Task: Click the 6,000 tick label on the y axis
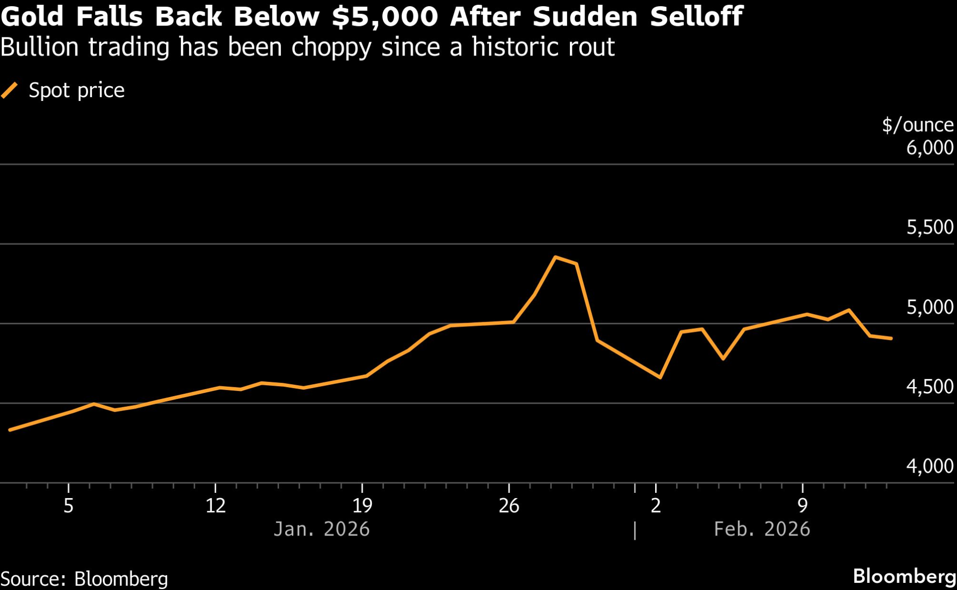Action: pos(929,147)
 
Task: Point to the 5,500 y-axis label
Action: pos(929,227)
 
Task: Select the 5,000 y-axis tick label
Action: pos(929,307)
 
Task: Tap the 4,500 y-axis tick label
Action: pos(929,387)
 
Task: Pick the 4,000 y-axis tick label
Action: pos(929,466)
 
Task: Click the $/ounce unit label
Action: pos(917,125)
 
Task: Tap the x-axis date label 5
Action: pos(68,506)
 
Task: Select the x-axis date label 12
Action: pos(215,506)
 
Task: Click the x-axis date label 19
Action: pos(362,506)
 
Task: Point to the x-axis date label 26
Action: pos(509,506)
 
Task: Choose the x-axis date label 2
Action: pos(656,506)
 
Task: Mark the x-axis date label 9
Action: pos(802,506)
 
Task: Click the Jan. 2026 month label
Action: pos(322,529)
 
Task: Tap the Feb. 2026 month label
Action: pos(762,529)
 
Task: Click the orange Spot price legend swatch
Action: pos(10,90)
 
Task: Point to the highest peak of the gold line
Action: pos(555,257)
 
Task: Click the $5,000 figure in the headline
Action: pos(385,16)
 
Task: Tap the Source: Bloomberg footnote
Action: pos(84,579)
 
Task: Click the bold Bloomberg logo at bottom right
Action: pos(904,576)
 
